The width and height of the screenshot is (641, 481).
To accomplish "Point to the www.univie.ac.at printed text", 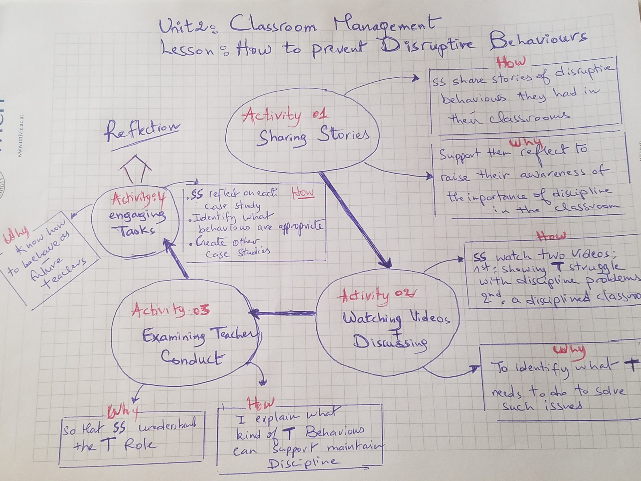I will [x=20, y=136].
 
